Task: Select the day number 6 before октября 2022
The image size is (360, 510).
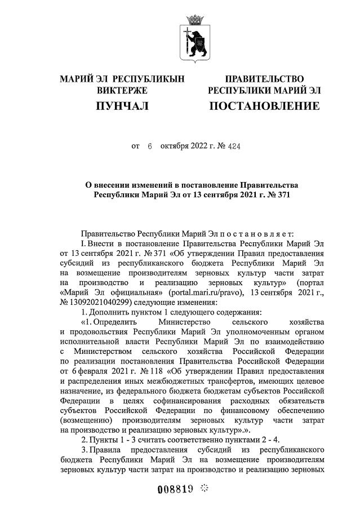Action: [x=150, y=146]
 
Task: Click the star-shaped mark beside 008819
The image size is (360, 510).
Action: [x=204, y=487]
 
